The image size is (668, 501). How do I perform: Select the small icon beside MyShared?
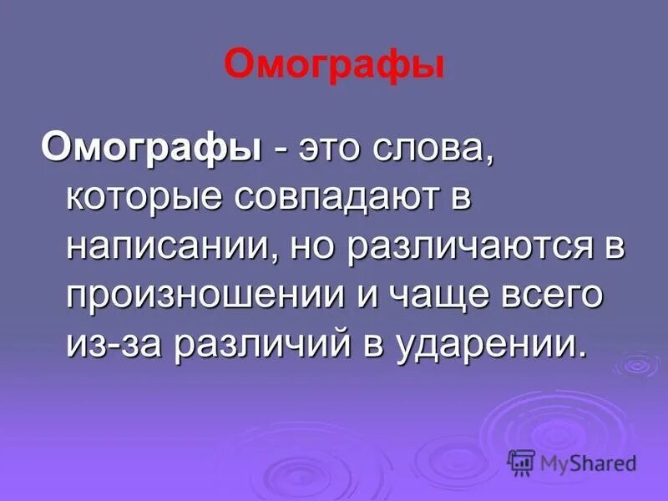tap(521, 462)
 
